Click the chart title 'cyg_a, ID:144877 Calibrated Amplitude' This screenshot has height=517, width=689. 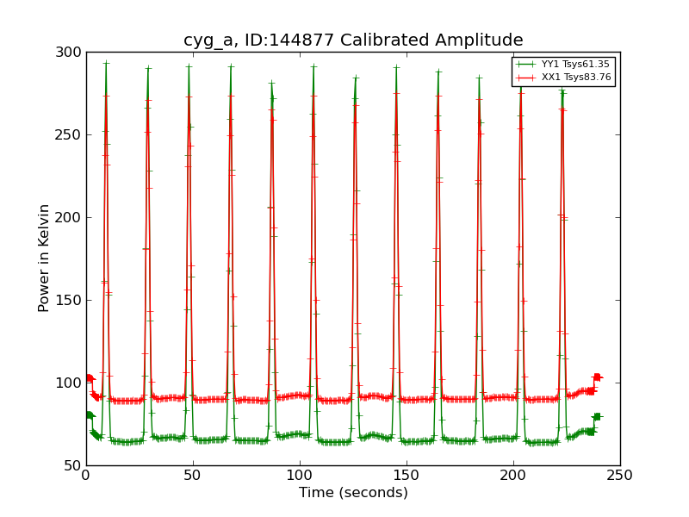click(353, 40)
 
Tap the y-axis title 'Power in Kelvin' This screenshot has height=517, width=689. click(44, 258)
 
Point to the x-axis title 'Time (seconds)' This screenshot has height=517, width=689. click(353, 493)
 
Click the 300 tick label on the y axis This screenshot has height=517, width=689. click(71, 53)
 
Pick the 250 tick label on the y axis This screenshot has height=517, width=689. click(71, 135)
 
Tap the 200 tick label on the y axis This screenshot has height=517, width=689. click(71, 218)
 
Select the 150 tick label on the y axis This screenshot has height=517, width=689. click(71, 301)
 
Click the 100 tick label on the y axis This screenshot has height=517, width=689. click(71, 383)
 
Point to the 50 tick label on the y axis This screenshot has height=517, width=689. click(74, 465)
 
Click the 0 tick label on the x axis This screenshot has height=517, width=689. click(86, 476)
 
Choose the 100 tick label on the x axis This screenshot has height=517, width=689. click(300, 476)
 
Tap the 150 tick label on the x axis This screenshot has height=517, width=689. click(407, 476)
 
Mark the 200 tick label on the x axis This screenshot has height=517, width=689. click(513, 476)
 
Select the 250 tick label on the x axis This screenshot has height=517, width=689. click(620, 476)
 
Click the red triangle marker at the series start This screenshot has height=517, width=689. click(90, 377)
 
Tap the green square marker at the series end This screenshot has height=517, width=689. click(597, 417)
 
